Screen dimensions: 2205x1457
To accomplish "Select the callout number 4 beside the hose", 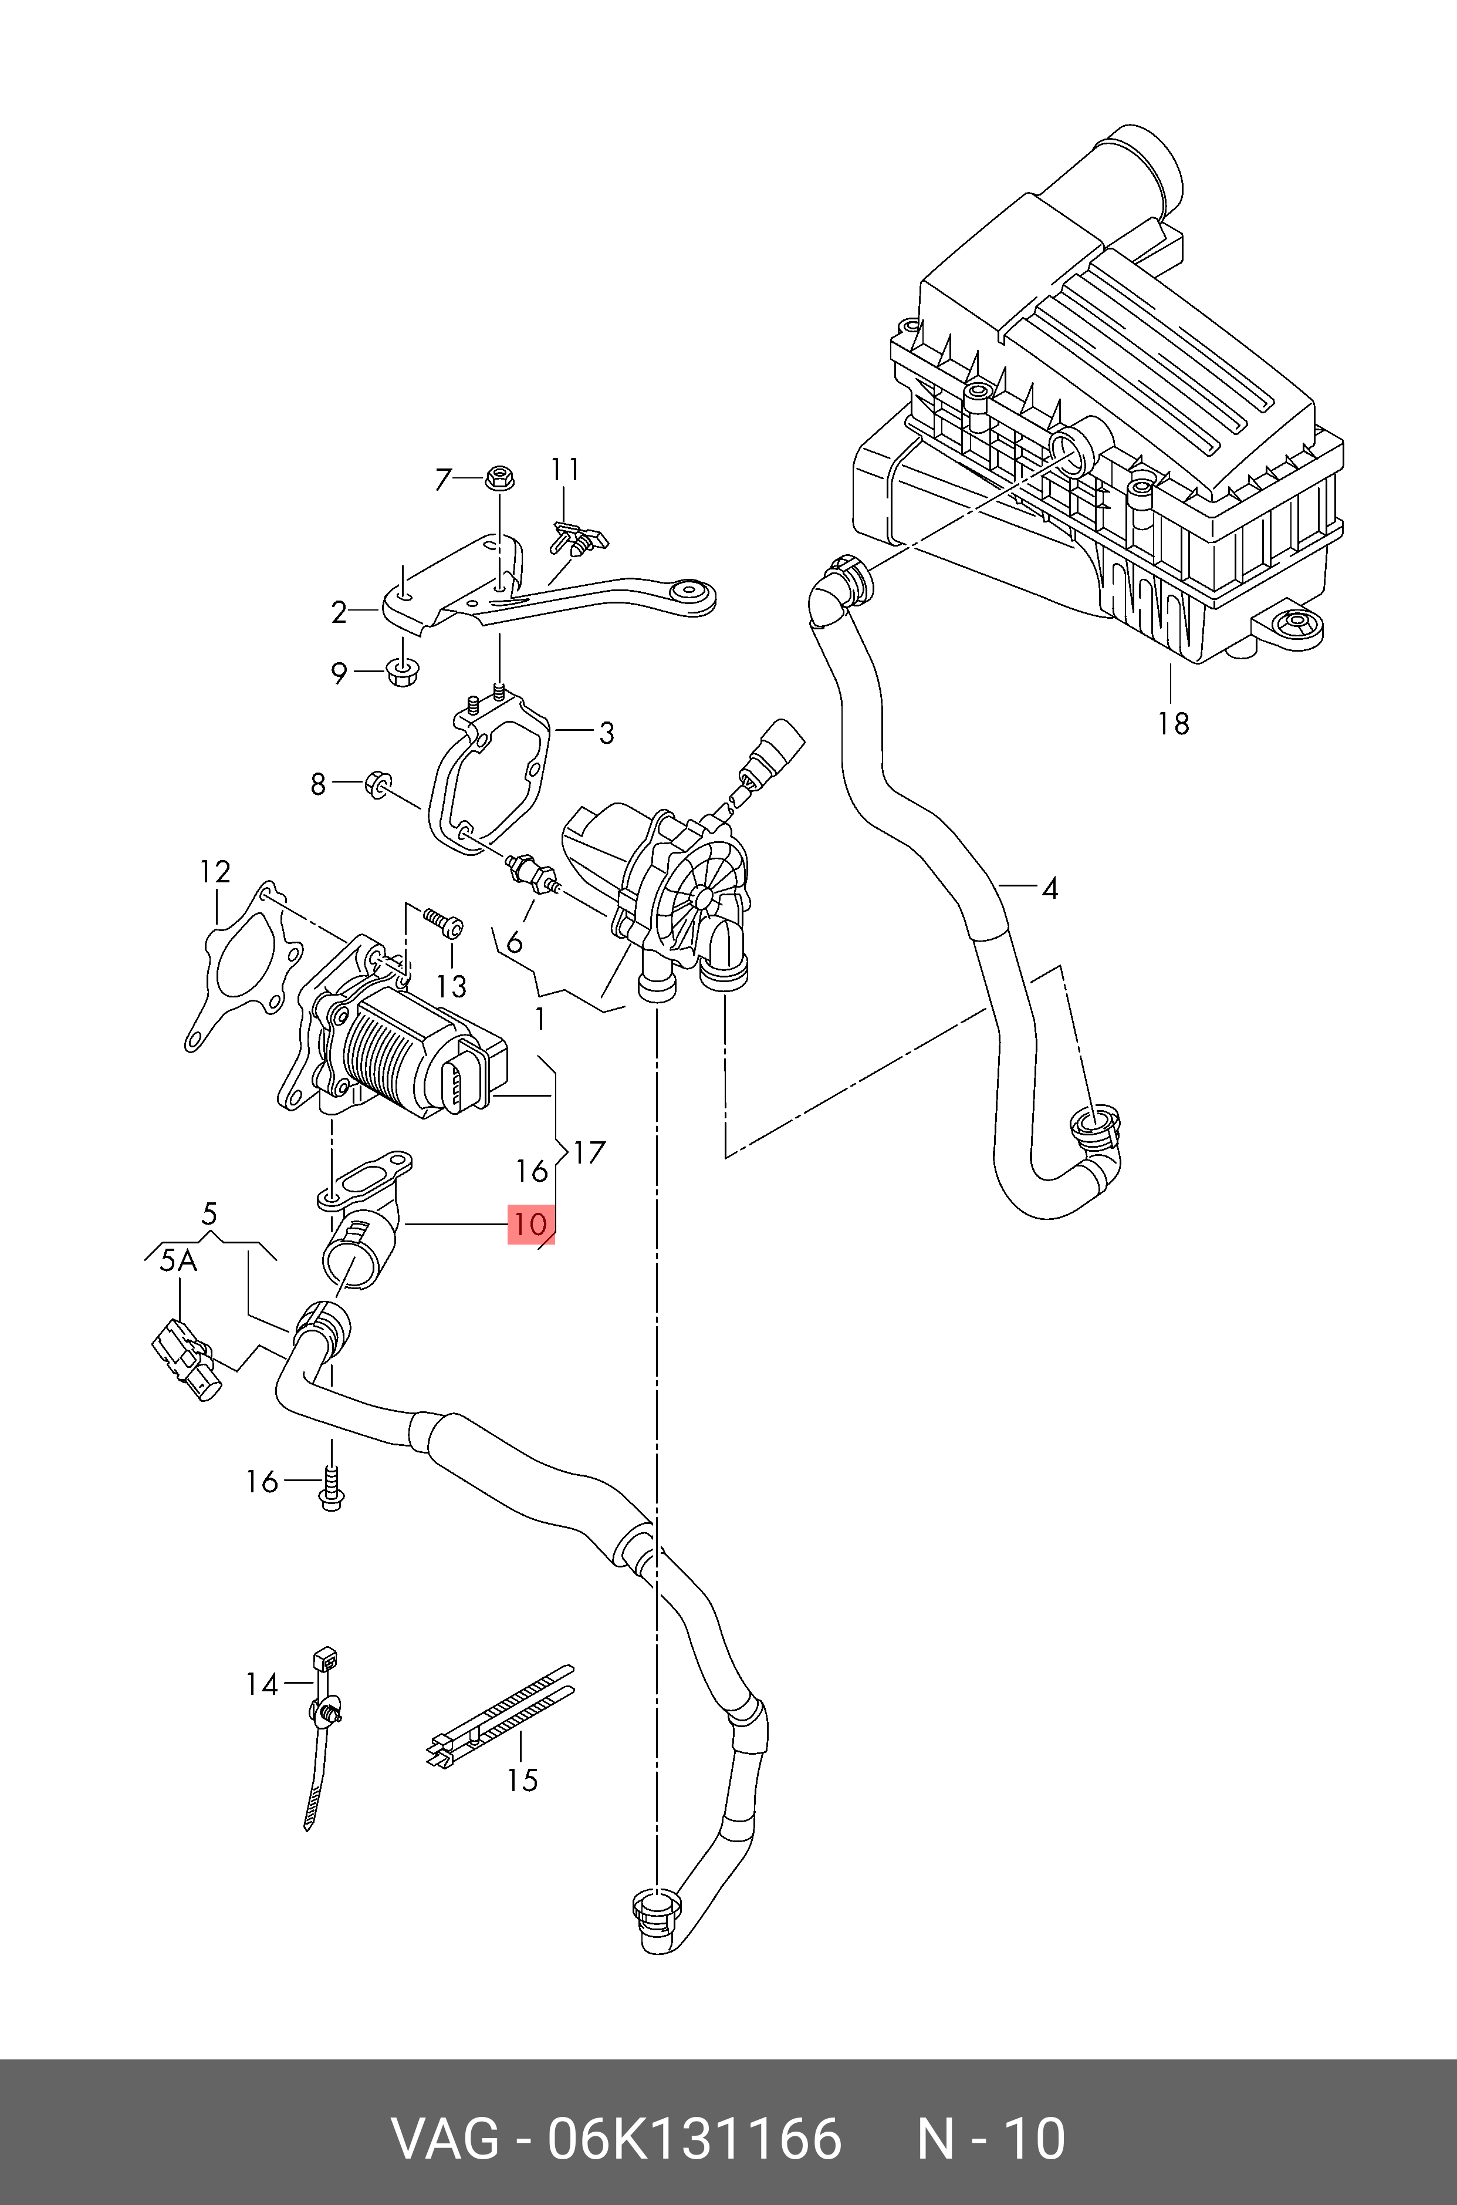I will point(1049,889).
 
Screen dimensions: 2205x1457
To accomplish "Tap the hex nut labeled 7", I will point(498,480).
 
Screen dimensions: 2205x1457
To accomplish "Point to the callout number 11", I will point(565,470).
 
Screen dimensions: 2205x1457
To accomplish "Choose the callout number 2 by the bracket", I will point(339,613).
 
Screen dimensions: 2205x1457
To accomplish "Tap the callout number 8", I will point(318,784).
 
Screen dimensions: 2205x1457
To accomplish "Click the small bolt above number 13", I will point(442,921).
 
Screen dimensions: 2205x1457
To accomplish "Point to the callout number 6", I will point(514,943).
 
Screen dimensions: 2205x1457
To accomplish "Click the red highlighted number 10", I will point(530,1223).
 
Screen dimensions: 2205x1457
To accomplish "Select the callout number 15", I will point(522,1779).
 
